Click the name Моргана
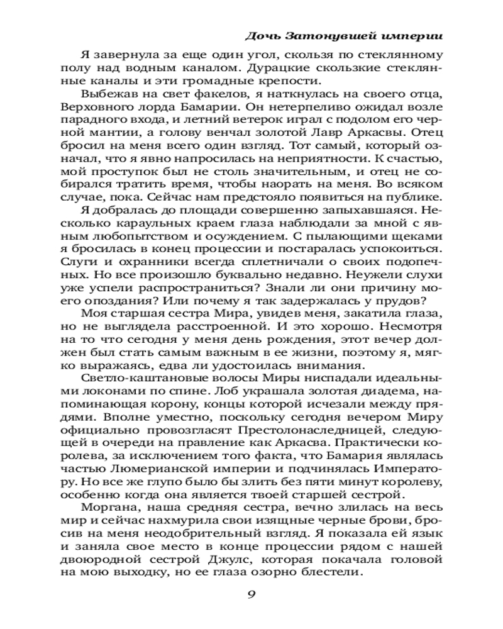click(x=105, y=518)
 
